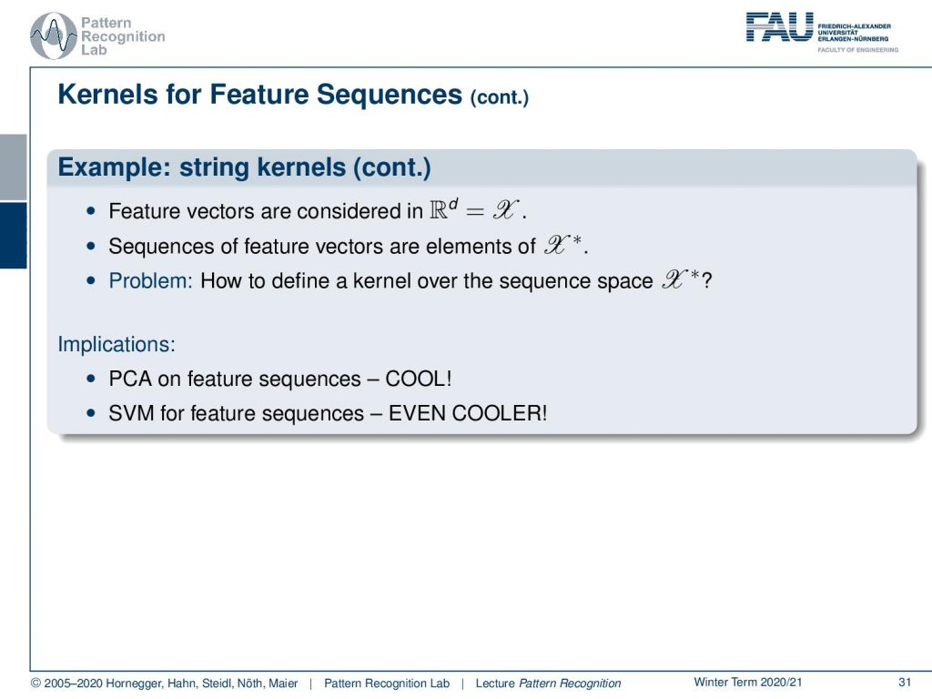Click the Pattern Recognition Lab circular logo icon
coord(54,35)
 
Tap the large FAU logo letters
coord(779,26)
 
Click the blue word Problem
coord(150,280)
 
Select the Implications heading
coord(116,345)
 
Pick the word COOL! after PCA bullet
coord(419,379)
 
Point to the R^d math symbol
coord(443,209)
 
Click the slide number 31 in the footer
coord(905,683)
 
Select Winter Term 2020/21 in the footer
coord(748,683)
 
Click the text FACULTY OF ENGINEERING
coord(857,50)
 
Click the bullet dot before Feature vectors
coord(90,211)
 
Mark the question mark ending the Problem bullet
coord(706,280)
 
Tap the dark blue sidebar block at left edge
coord(13,236)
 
